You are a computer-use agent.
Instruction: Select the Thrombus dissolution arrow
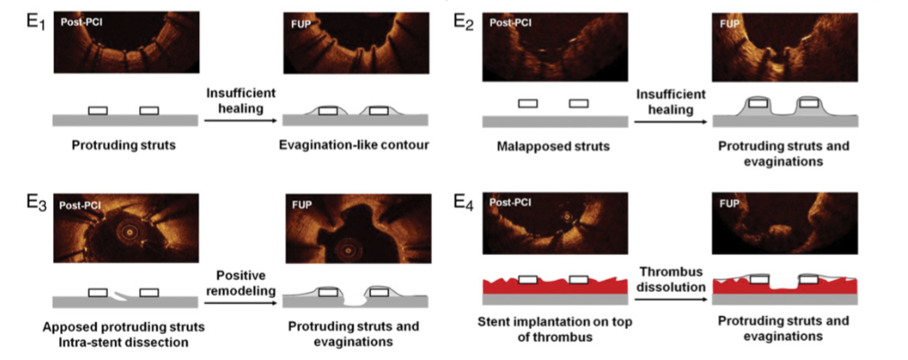pyautogui.click(x=670, y=300)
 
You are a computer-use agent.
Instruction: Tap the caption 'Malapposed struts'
pyautogui.click(x=553, y=146)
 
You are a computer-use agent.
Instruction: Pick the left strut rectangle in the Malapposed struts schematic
pyautogui.click(x=527, y=103)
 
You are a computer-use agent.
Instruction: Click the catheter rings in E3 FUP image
pyautogui.click(x=348, y=250)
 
